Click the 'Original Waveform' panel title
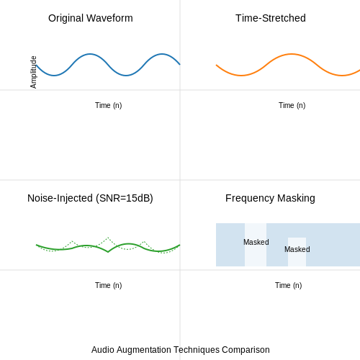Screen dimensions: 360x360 pos(91,18)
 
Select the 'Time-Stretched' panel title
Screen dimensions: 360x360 pos(271,18)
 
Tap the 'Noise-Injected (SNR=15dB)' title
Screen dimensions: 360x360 pos(90,198)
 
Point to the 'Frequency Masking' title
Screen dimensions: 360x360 pos(270,199)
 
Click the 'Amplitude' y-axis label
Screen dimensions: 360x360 pos(33,72)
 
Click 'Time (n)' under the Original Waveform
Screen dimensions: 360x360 pos(109,105)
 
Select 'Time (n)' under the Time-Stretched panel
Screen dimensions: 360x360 pos(292,105)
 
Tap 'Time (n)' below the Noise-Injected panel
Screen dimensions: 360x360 pos(109,285)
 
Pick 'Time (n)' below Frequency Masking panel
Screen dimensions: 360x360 pos(289,285)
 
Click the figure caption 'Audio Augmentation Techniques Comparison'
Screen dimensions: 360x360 pos(181,350)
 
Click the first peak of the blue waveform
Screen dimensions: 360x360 pos(90,54)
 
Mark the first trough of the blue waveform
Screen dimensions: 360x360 pos(54,76)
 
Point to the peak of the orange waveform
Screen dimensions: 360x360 pos(291,54)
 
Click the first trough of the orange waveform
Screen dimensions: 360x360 pos(241,76)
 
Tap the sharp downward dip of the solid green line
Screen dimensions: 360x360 pos(108,252)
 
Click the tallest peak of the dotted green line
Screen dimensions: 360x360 pos(108,238)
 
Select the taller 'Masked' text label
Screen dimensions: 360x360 pos(256,242)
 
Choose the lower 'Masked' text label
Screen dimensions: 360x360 pos(297,249)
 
